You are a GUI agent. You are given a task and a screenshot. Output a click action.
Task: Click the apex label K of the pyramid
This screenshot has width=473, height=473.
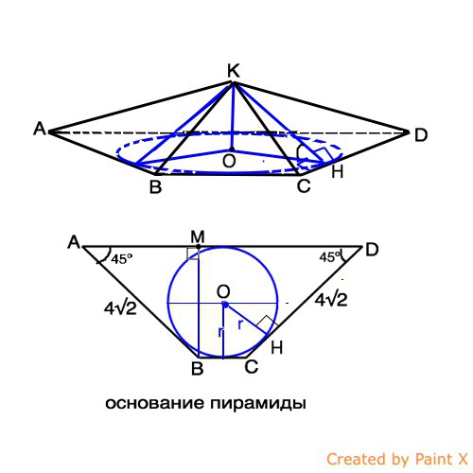click(x=234, y=71)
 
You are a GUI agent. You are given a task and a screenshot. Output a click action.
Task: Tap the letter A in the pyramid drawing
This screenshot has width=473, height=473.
click(x=40, y=129)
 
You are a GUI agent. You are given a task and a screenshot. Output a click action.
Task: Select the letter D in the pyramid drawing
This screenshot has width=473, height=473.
click(x=421, y=135)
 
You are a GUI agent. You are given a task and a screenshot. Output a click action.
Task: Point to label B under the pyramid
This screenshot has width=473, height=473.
click(x=155, y=186)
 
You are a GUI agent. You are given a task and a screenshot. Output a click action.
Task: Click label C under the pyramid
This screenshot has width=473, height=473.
click(x=304, y=185)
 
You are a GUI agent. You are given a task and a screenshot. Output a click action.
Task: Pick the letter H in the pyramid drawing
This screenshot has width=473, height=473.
click(x=337, y=172)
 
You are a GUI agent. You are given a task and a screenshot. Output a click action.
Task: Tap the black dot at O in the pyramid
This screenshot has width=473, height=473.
click(x=232, y=149)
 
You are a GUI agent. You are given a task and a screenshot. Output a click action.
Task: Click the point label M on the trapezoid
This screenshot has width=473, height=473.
click(x=198, y=236)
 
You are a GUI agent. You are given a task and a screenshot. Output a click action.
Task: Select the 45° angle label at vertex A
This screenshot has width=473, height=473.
click(x=121, y=259)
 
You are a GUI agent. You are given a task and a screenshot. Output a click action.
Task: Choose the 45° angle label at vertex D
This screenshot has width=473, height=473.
click(x=330, y=257)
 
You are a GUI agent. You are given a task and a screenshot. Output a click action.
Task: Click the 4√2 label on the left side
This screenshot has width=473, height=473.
click(x=120, y=308)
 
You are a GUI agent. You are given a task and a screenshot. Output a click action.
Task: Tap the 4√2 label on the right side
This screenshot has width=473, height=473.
click(x=331, y=300)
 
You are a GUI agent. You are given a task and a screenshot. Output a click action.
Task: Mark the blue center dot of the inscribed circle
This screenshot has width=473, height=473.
click(x=225, y=305)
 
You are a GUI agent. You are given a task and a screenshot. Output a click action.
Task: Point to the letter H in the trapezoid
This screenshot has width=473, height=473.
click(x=276, y=348)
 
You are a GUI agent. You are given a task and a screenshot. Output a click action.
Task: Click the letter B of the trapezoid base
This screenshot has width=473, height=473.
click(x=198, y=368)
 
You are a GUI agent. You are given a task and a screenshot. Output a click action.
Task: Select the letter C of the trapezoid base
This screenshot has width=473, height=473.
click(x=252, y=367)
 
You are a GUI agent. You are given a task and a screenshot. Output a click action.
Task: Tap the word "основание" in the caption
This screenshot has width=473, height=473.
click(x=154, y=403)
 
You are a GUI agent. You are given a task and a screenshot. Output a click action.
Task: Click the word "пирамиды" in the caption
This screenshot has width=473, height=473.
click(x=258, y=404)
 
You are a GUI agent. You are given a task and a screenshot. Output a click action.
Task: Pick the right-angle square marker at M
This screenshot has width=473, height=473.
click(x=193, y=254)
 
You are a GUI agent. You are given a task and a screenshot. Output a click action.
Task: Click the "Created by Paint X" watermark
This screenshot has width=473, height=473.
click(x=397, y=459)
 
